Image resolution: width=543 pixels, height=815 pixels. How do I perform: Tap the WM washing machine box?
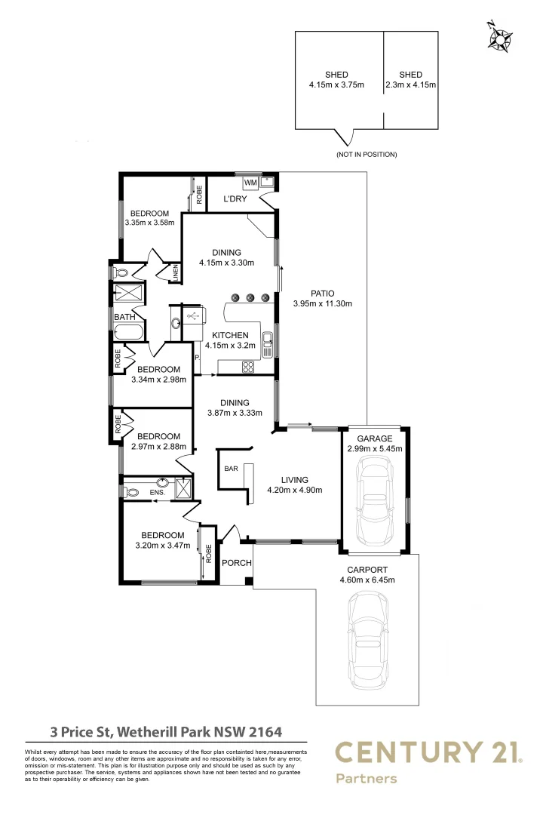250,183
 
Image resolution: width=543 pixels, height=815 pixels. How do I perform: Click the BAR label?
231,469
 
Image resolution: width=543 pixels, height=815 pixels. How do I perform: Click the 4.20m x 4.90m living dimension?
294,490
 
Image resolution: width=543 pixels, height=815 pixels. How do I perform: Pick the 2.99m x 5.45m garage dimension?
375,448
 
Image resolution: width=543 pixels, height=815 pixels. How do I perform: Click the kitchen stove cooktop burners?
247,367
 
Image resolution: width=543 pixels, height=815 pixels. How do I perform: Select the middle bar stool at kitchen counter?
250,297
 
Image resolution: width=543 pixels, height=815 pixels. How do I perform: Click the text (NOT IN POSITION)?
367,154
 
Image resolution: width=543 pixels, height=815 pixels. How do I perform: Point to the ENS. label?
157,493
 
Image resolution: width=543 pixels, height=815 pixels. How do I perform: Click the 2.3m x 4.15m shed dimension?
410,85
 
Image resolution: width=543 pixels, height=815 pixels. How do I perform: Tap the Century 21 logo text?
427,752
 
